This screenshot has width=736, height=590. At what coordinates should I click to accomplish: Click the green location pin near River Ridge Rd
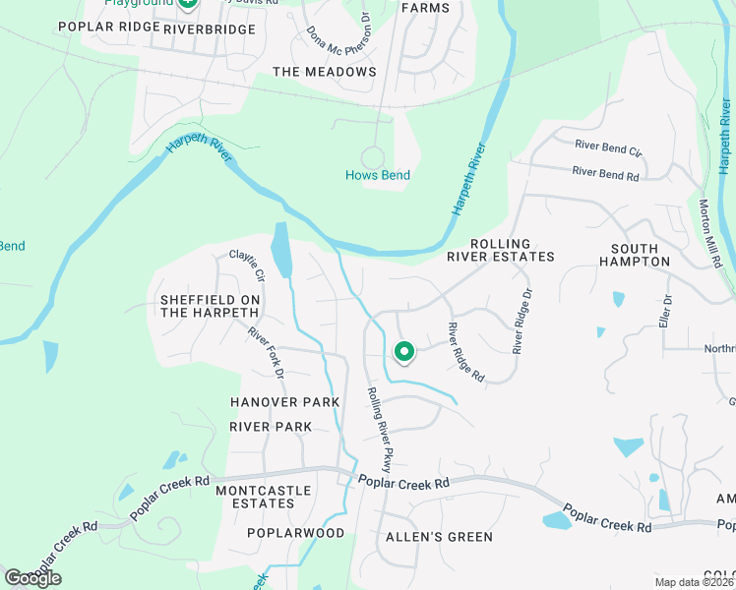pos(403,351)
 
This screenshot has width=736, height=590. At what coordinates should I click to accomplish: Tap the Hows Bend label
pos(377,176)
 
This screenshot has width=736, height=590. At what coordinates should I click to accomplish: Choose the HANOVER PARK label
pos(284,402)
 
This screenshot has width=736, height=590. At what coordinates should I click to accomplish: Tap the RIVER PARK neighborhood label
pos(271,427)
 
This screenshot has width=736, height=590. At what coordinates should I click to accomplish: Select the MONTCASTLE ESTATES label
pos(263,497)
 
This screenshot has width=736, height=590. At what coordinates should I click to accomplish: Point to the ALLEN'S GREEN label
pos(439,537)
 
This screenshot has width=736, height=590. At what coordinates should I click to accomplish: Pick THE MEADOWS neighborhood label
pos(324,72)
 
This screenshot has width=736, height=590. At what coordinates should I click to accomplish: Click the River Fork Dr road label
pos(266,353)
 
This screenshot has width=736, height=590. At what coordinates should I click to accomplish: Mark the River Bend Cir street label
pos(608,148)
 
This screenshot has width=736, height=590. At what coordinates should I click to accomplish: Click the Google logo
pos(32,577)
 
